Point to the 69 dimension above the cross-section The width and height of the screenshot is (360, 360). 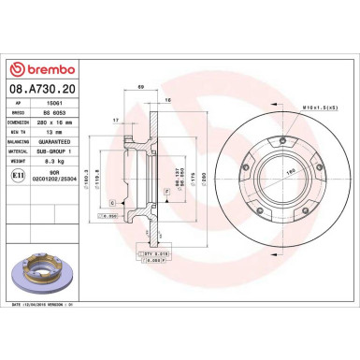click(x=139, y=87)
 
